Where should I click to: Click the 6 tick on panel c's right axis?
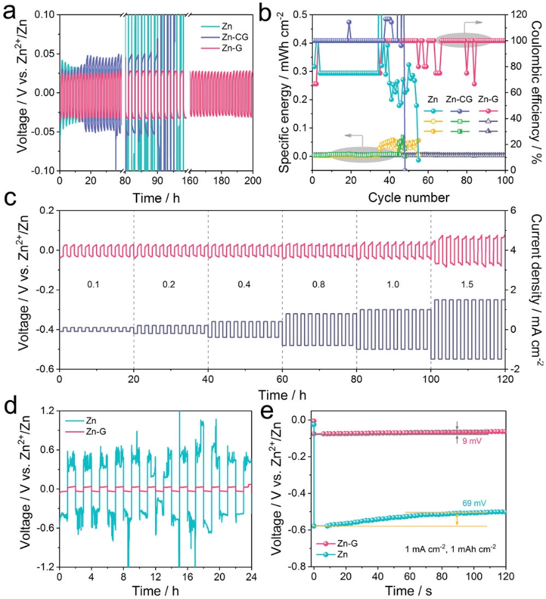tap(516, 211)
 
